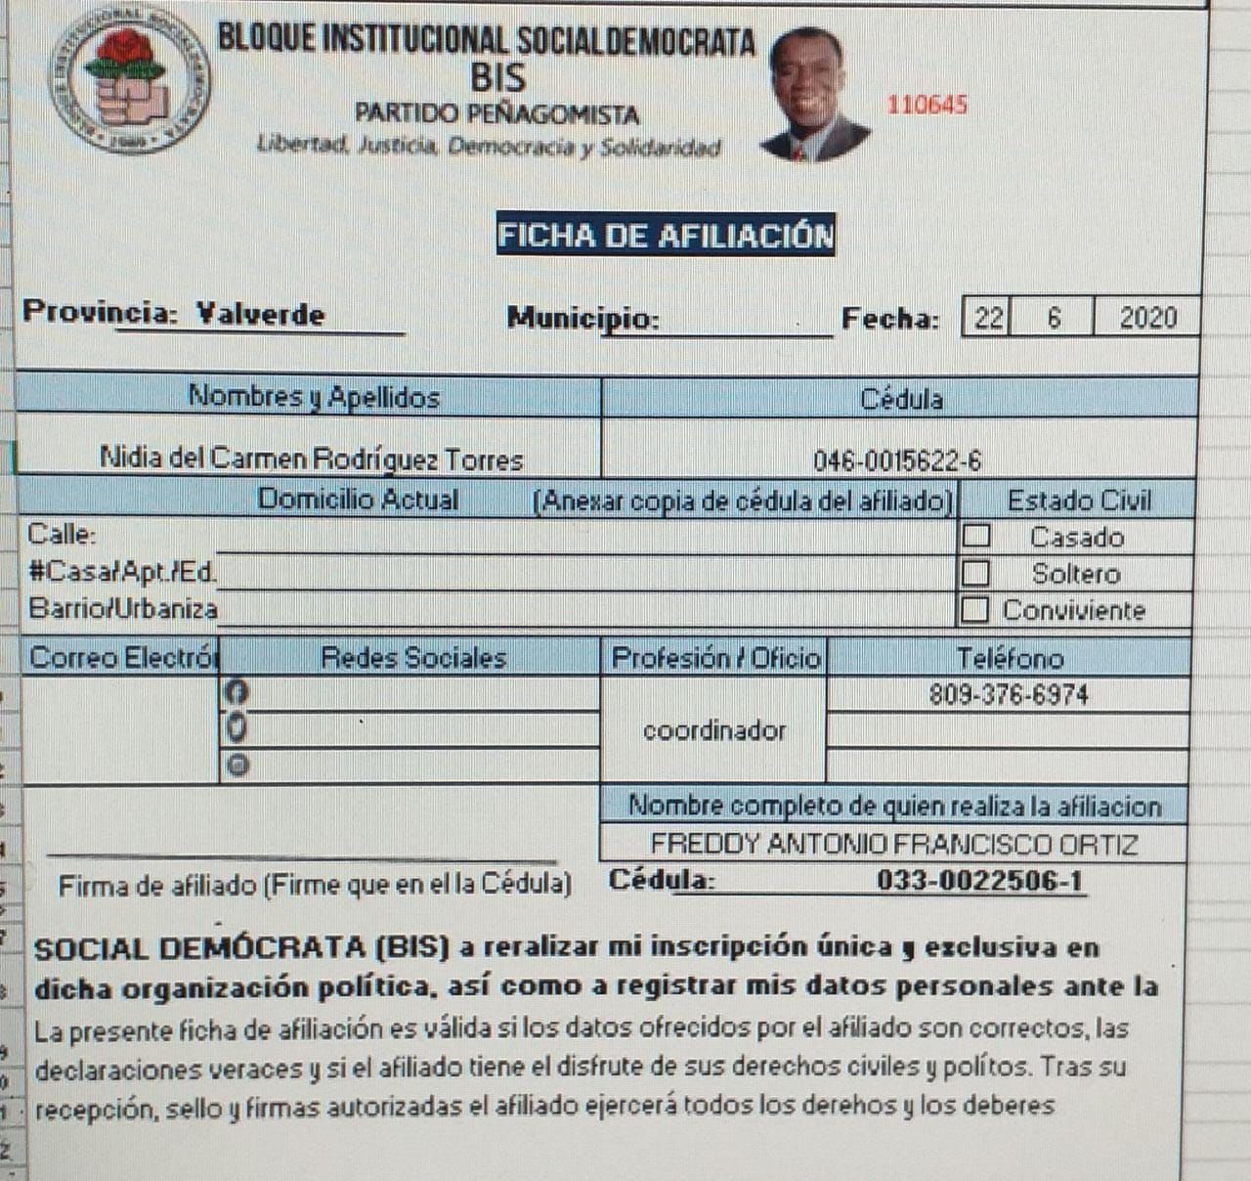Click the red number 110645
coord(927,105)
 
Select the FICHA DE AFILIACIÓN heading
coord(666,235)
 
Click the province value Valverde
coord(259,314)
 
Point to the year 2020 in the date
coord(1147,318)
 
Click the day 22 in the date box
coord(988,318)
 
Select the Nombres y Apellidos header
coord(313,397)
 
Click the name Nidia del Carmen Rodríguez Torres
coord(311,459)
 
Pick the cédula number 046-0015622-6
coord(897,460)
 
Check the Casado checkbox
coord(975,536)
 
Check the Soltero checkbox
coord(975,573)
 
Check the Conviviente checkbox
coord(973,610)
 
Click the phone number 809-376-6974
coord(1008,695)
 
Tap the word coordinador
coord(713,730)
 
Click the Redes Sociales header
coord(413,657)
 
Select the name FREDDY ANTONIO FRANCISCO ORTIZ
coord(893,844)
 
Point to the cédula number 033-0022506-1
coord(979,881)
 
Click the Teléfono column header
coord(1009,658)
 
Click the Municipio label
coord(582,319)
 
